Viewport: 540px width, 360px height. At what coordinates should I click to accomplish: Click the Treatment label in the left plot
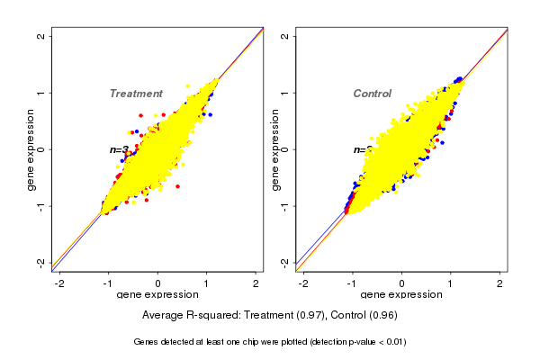point(136,94)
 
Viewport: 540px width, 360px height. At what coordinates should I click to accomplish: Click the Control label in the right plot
point(372,94)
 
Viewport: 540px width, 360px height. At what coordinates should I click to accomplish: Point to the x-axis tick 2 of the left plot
point(256,283)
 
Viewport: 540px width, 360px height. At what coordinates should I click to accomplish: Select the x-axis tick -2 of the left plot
point(59,283)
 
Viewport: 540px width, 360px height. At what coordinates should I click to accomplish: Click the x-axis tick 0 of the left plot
point(158,283)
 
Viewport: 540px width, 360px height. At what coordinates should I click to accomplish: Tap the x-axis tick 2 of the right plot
point(500,283)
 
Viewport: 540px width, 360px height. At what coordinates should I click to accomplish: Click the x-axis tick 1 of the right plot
point(451,283)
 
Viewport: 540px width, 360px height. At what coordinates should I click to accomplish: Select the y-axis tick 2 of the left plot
point(42,36)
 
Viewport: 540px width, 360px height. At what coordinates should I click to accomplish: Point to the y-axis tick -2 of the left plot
point(40,262)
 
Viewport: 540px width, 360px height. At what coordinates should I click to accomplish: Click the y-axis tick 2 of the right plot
point(285,36)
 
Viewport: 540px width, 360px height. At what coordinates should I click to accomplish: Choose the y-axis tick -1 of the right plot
point(283,206)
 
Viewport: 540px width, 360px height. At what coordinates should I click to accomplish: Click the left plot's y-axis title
point(31,149)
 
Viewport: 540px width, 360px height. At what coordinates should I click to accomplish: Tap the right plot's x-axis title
point(401,295)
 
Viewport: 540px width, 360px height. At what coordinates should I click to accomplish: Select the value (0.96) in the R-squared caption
point(382,316)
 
